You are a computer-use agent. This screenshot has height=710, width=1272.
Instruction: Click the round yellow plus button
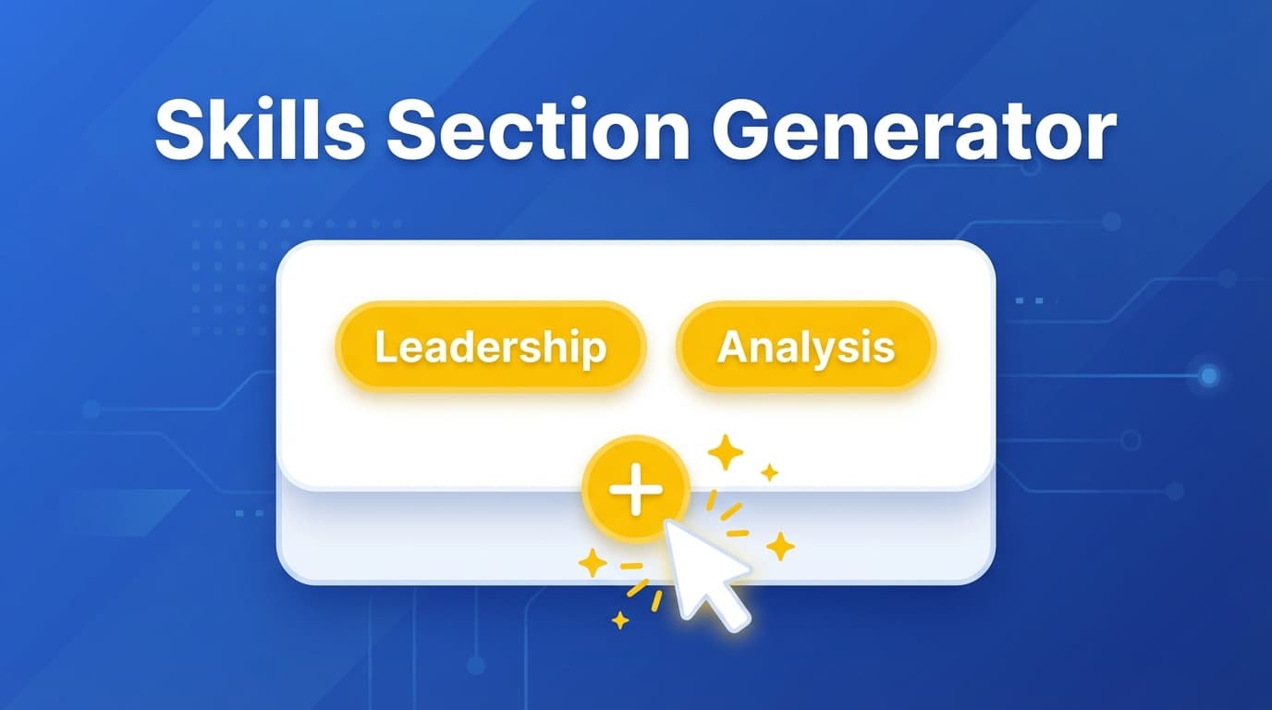coord(636,488)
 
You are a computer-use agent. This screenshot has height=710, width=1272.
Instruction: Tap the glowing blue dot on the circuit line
coord(1208,375)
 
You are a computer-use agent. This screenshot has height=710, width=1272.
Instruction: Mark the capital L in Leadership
coord(384,349)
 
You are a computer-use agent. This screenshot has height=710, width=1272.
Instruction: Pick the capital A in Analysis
coord(732,348)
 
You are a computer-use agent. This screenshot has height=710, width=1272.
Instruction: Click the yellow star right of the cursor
coord(780,545)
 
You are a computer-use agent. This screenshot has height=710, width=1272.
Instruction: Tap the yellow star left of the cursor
coord(592,562)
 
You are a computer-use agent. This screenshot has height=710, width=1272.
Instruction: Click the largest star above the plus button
coord(726,452)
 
